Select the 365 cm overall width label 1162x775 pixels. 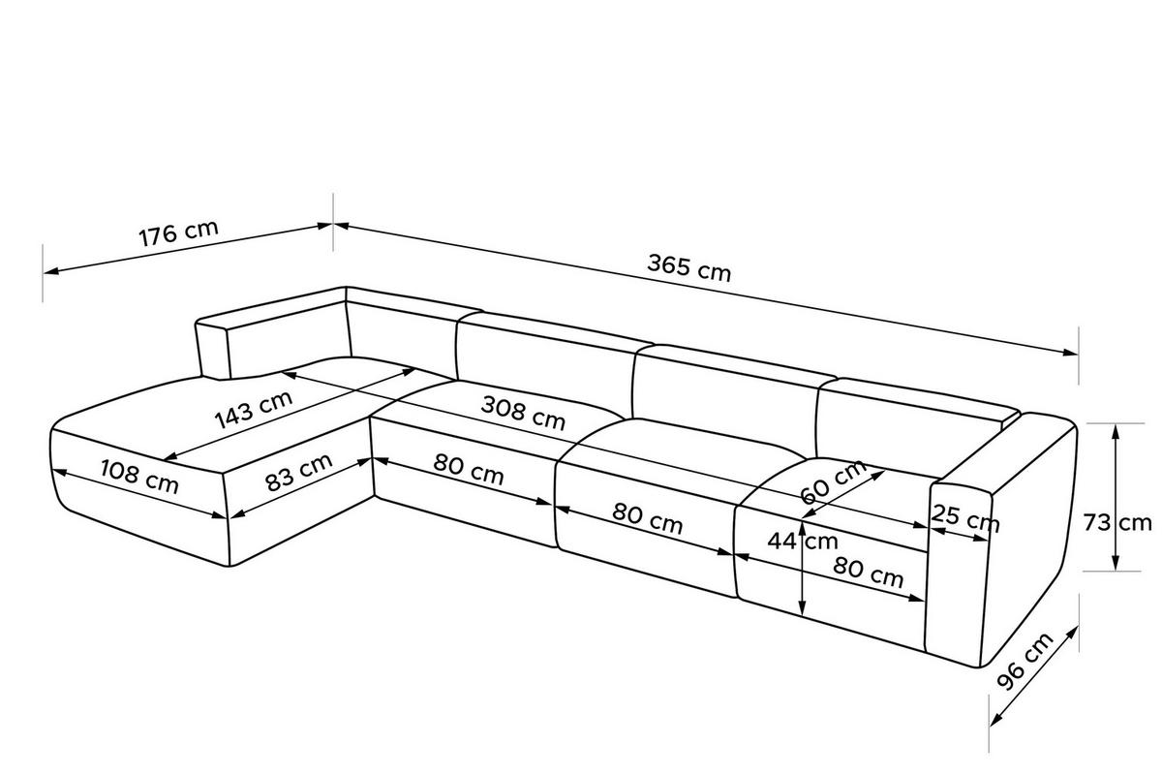click(688, 267)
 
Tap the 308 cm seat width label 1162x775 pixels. click(523, 413)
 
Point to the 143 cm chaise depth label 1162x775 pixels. click(254, 410)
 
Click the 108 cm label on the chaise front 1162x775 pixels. click(139, 477)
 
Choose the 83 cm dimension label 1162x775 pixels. click(299, 472)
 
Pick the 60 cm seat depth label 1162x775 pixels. click(833, 481)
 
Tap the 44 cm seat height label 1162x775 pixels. click(803, 542)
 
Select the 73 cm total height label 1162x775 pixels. click(1116, 522)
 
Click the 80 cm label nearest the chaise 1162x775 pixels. click(469, 469)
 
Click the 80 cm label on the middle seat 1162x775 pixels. click(648, 518)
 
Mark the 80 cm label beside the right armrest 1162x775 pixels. click(869, 572)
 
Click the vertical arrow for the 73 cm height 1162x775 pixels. click(1116, 497)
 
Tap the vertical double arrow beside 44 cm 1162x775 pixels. click(803, 568)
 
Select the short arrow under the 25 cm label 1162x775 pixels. click(959, 535)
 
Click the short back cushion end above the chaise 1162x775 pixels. click(213, 350)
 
